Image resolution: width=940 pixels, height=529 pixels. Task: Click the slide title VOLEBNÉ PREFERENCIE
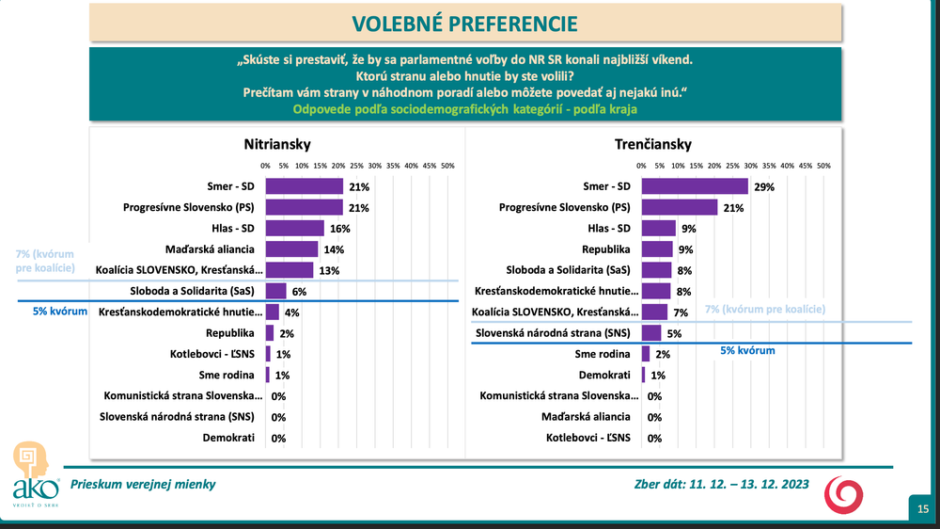click(464, 22)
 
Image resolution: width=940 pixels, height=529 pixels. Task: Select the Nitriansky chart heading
click(277, 144)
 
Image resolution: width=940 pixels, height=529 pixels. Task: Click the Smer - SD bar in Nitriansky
click(304, 186)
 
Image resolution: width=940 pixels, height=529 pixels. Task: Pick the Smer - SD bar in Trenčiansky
click(694, 186)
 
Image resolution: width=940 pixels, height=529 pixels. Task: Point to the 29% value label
click(763, 187)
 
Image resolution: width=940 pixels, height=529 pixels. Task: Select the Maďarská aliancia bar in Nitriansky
click(291, 249)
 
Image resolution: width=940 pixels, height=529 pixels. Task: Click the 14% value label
click(334, 250)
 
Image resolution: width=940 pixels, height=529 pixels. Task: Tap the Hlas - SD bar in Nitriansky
click(294, 229)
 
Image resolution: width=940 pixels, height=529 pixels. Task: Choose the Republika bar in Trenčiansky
click(657, 249)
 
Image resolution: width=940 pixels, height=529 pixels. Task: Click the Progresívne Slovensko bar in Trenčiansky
click(679, 207)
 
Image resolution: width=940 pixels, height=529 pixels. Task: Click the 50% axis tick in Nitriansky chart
click(447, 166)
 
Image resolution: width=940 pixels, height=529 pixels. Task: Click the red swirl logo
click(841, 493)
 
